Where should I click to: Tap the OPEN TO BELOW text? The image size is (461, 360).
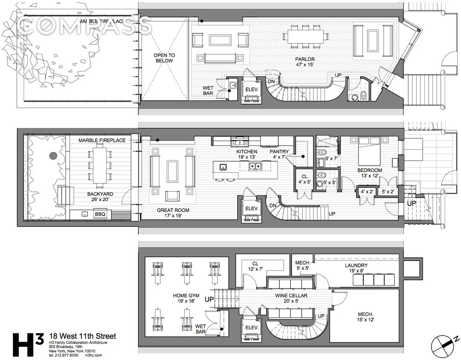[164, 58]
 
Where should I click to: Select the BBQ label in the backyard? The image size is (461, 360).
[100, 214]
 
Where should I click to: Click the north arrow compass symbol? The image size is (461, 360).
[442, 343]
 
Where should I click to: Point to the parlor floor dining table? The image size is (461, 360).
[306, 36]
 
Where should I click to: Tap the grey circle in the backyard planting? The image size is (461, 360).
[53, 156]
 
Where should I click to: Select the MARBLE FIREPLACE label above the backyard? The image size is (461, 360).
[102, 140]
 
